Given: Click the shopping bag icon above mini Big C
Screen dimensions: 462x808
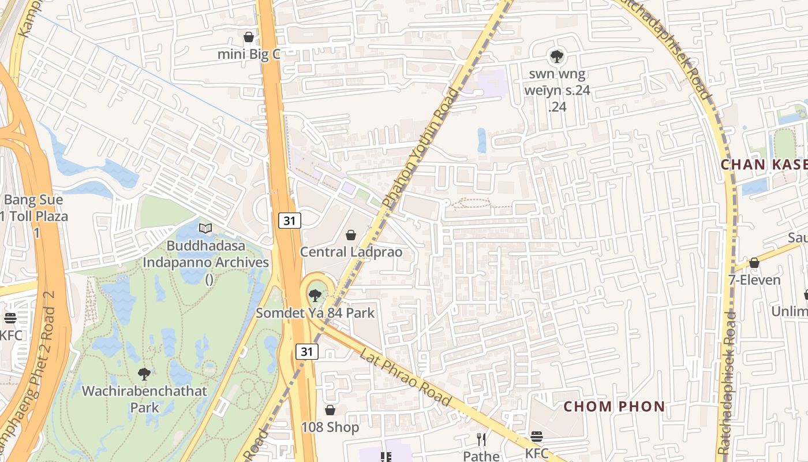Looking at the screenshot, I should click(x=249, y=37).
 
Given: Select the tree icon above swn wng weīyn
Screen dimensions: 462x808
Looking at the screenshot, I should click(x=556, y=56).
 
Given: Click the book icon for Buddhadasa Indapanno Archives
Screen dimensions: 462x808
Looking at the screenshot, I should click(x=205, y=228).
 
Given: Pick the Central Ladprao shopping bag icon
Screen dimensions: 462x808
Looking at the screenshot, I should click(x=350, y=235).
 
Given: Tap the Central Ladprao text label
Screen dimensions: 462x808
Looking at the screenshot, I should click(x=351, y=252).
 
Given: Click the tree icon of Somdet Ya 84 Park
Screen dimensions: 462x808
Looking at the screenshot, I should click(x=315, y=296).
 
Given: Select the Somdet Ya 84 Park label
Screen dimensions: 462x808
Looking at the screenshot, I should click(x=315, y=313).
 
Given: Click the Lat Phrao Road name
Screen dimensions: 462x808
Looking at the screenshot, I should click(x=405, y=376).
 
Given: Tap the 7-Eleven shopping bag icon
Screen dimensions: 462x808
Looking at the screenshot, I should click(x=754, y=263).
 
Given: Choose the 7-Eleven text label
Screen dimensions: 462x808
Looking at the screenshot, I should click(x=754, y=280).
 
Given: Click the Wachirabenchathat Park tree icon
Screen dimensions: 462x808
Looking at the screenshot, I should click(x=144, y=374).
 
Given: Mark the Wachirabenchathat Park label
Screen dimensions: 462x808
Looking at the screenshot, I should click(x=144, y=399).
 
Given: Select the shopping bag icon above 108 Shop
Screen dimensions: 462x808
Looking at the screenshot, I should click(x=330, y=410).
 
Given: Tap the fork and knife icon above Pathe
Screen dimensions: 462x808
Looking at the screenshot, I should click(x=481, y=439).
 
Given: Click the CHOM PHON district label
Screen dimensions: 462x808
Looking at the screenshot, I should click(x=614, y=407).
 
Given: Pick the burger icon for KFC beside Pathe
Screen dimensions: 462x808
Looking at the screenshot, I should click(x=537, y=437).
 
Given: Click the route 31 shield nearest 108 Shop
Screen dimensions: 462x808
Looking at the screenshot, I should click(x=307, y=351).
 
